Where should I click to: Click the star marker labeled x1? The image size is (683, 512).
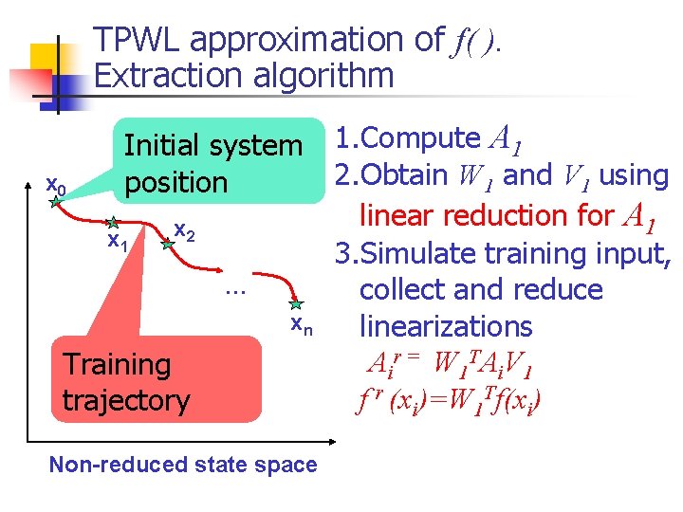tap(112, 223)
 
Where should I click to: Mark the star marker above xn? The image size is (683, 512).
tap(297, 304)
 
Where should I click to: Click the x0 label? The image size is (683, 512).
tap(56, 183)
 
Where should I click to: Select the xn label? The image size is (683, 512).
tap(301, 326)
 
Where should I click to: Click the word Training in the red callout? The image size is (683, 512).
tap(117, 364)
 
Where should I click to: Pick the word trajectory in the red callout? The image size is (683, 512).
tap(126, 400)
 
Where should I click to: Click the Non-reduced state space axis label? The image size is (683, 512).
tap(183, 464)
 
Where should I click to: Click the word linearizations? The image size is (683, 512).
tap(446, 326)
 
